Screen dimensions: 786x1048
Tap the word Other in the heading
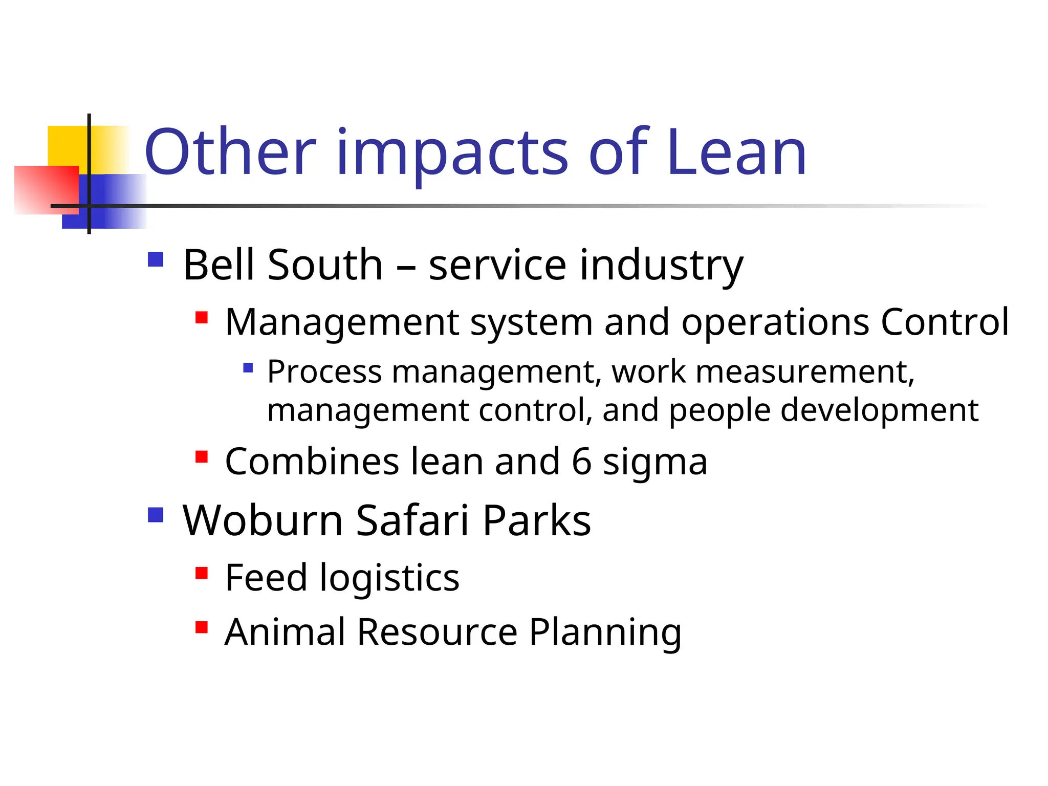tap(230, 152)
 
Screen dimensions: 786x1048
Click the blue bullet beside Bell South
tap(156, 259)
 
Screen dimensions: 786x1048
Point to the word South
tap(325, 265)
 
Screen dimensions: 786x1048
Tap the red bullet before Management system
tap(202, 318)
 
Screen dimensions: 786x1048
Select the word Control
tap(945, 322)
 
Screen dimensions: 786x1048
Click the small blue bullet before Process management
tap(248, 367)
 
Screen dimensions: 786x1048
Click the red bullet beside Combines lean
tap(202, 456)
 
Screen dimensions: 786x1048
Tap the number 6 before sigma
tap(582, 462)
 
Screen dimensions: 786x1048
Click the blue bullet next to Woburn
tap(156, 515)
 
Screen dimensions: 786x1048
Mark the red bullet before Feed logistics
tap(202, 573)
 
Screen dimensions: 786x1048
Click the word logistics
tap(389, 579)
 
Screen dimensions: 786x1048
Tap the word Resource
tap(437, 632)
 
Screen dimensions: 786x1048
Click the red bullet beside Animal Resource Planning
tap(202, 627)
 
